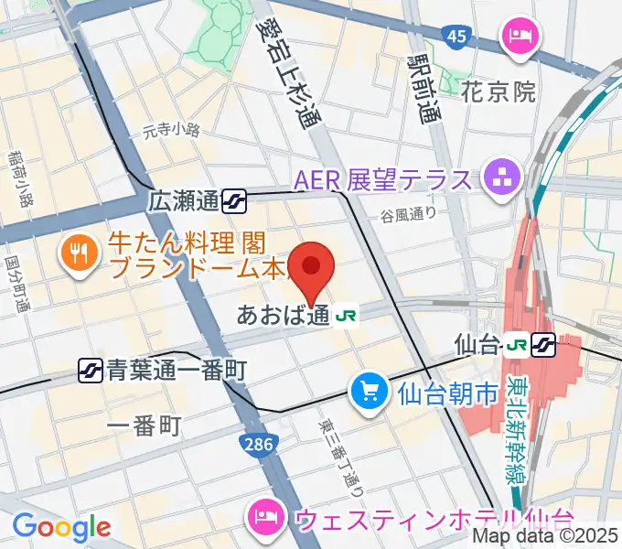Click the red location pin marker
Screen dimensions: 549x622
pyautogui.click(x=311, y=267)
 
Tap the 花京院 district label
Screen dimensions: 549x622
pyautogui.click(x=497, y=92)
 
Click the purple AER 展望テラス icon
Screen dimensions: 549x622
pyautogui.click(x=501, y=178)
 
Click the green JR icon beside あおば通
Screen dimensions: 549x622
pyautogui.click(x=346, y=316)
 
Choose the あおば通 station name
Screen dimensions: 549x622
pyautogui.click(x=282, y=316)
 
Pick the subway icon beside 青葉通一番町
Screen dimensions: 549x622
pyautogui.click(x=91, y=370)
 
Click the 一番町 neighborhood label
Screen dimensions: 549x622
pyautogui.click(x=145, y=425)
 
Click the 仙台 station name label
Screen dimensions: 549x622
pyautogui.click(x=477, y=346)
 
